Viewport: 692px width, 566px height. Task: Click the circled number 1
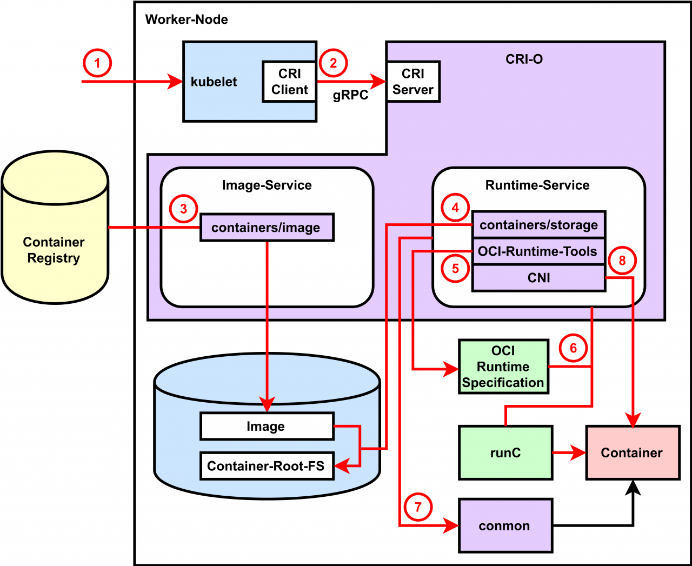97,63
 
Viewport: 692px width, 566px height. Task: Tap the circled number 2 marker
333,63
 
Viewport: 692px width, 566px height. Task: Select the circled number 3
183,209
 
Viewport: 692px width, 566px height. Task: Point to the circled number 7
418,507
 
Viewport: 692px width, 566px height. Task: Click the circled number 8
622,261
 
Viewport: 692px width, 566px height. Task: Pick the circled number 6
573,348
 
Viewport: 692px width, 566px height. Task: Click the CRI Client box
289,82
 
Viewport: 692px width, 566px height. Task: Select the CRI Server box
413,82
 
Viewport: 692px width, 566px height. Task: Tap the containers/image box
267,228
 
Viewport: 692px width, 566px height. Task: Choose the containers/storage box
538,225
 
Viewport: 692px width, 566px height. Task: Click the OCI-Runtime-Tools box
538,251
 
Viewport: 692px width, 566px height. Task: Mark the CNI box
538,278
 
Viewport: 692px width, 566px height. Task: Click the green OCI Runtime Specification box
503,367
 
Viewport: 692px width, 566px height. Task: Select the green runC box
505,453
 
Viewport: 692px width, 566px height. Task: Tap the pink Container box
633,453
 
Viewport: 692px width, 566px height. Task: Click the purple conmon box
505,526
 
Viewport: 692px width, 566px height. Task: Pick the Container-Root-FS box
267,466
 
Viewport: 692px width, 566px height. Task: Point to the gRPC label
350,95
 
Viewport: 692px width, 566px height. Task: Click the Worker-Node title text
187,19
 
